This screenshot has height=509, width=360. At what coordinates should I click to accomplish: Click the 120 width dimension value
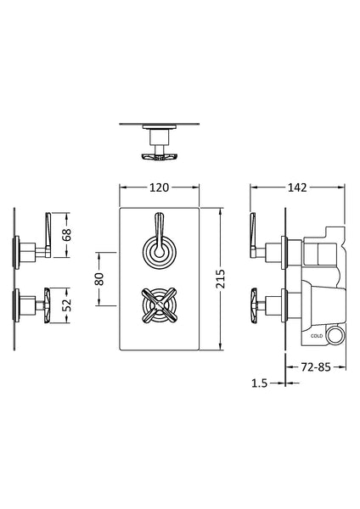pos(160,187)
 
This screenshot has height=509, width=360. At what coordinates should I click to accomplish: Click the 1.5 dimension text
pos(259,384)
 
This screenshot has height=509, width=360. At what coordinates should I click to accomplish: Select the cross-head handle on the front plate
pos(159,303)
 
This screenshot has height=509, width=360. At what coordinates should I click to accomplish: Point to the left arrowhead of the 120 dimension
pos(121,187)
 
